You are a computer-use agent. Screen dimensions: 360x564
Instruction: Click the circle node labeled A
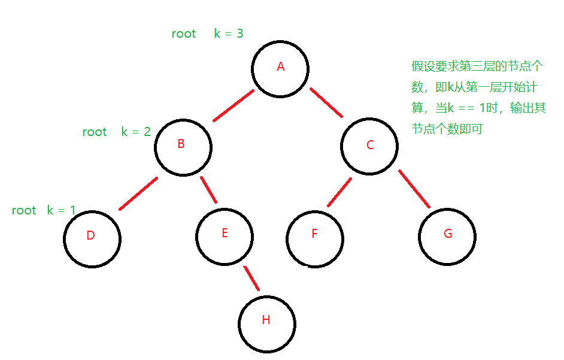(280, 68)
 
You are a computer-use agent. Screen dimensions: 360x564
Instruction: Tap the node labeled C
(369, 146)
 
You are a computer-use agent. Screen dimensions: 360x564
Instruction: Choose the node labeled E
(225, 235)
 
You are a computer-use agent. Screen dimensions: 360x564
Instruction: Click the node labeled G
(447, 236)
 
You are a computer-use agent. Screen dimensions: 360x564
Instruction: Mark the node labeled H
(266, 322)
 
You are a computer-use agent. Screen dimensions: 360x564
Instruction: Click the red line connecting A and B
(234, 105)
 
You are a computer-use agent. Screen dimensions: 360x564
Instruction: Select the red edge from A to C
(326, 102)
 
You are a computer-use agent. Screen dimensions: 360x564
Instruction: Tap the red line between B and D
(138, 193)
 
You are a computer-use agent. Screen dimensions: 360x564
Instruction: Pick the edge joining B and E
(208, 190)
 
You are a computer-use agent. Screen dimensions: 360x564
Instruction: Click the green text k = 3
(229, 34)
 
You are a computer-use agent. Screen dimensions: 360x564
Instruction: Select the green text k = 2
(136, 132)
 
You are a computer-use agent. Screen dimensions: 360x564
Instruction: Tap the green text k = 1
(61, 210)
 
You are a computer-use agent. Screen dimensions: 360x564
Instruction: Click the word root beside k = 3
(184, 34)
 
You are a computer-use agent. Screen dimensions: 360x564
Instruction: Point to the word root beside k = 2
(95, 132)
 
